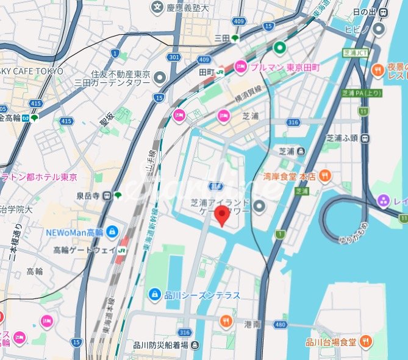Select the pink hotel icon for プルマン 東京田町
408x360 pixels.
(240, 66)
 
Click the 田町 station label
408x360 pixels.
(207, 71)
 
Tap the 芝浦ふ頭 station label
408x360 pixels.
(342, 138)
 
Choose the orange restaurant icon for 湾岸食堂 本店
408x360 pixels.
(326, 177)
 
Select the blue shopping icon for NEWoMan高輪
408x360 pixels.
(112, 232)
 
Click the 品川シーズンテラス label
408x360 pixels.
(202, 295)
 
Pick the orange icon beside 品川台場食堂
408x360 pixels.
(365, 341)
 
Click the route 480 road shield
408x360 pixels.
(281, 324)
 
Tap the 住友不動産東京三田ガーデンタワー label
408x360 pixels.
(120, 78)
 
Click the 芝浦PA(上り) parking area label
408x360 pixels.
(362, 93)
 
